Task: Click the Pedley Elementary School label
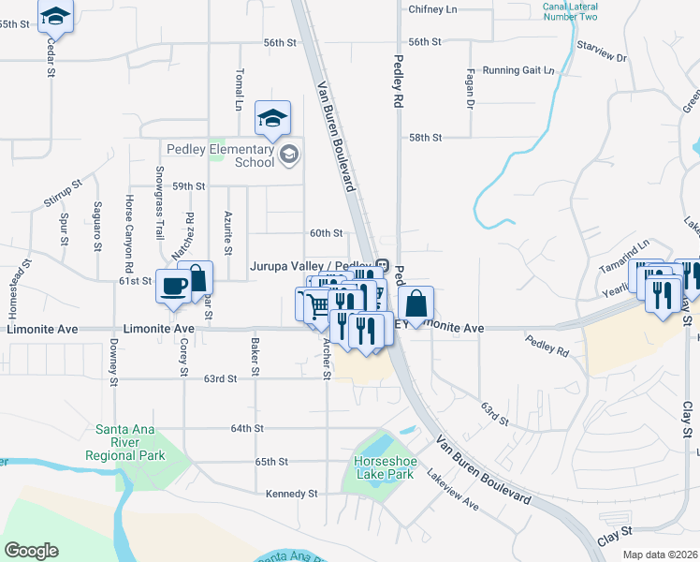coord(221,155)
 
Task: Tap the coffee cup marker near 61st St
coord(173,287)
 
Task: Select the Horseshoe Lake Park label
coord(384,467)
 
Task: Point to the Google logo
coord(31,551)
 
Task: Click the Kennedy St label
coord(292,494)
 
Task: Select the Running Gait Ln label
coord(518,70)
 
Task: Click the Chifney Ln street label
coord(432,9)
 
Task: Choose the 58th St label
coord(425,138)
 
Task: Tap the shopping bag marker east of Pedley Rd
coord(416,304)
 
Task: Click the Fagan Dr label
coord(468,93)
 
